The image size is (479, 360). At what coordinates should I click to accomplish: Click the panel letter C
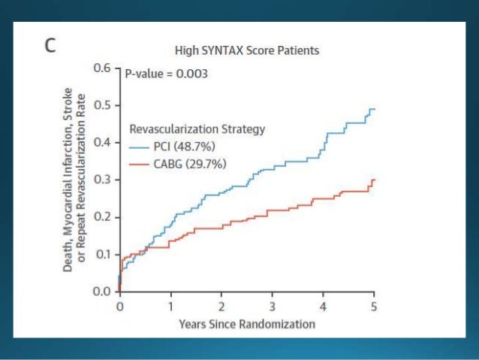tap(48, 46)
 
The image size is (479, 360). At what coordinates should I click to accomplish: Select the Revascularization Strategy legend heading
tap(197, 129)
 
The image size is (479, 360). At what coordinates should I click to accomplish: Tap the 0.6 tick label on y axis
tap(102, 68)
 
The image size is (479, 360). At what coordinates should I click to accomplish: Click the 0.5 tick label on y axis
tap(102, 105)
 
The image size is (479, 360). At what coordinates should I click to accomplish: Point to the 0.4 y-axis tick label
tap(102, 142)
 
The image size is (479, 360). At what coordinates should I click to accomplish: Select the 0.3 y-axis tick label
tap(102, 180)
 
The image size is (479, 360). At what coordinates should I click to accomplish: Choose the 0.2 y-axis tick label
tap(102, 216)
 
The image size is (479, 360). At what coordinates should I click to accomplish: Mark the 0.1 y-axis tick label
tap(102, 254)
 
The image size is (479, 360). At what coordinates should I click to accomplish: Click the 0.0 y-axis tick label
tap(102, 291)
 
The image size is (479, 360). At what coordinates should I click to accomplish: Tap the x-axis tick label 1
tap(170, 307)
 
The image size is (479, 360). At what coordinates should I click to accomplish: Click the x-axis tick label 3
tap(273, 307)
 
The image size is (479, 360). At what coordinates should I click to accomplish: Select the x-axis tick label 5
tap(374, 307)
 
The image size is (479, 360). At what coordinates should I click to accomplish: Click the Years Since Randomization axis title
tap(247, 324)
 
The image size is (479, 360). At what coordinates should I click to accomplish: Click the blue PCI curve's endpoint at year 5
tap(373, 109)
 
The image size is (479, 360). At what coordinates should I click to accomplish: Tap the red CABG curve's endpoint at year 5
tap(373, 180)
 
